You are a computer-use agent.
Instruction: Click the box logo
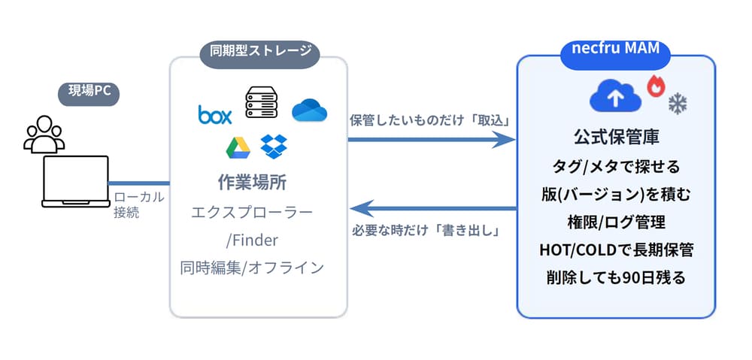tap(215, 113)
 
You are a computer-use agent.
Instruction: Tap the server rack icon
tap(262, 103)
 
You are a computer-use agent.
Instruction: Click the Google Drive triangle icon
tap(238, 148)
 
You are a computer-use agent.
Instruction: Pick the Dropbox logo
tap(274, 146)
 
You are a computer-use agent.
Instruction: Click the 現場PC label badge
tap(90, 94)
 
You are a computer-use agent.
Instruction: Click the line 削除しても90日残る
tap(616, 277)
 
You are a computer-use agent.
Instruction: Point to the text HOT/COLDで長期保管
tap(616, 250)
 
